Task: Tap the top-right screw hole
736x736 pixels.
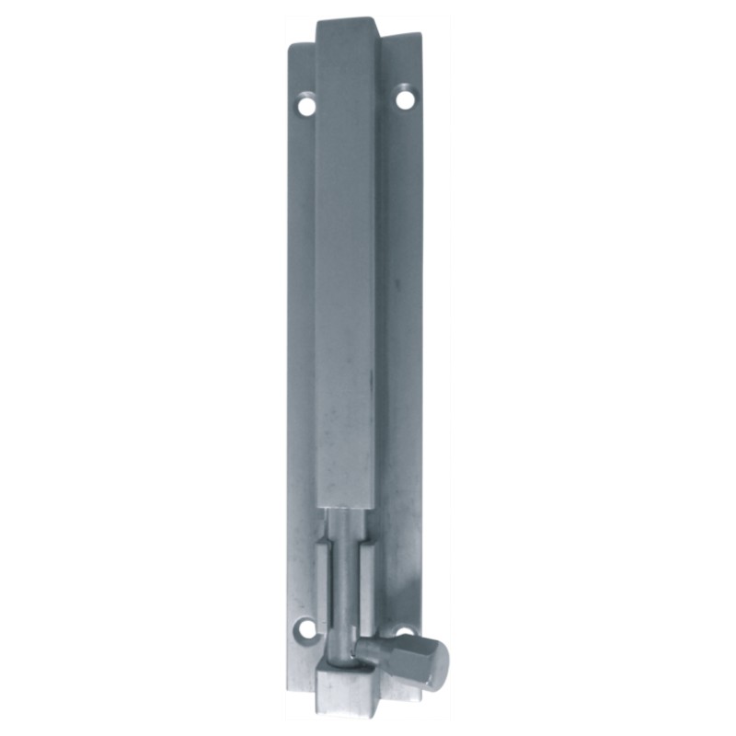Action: [405, 98]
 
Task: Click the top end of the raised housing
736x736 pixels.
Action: [346, 22]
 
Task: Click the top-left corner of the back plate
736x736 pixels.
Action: [292, 46]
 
